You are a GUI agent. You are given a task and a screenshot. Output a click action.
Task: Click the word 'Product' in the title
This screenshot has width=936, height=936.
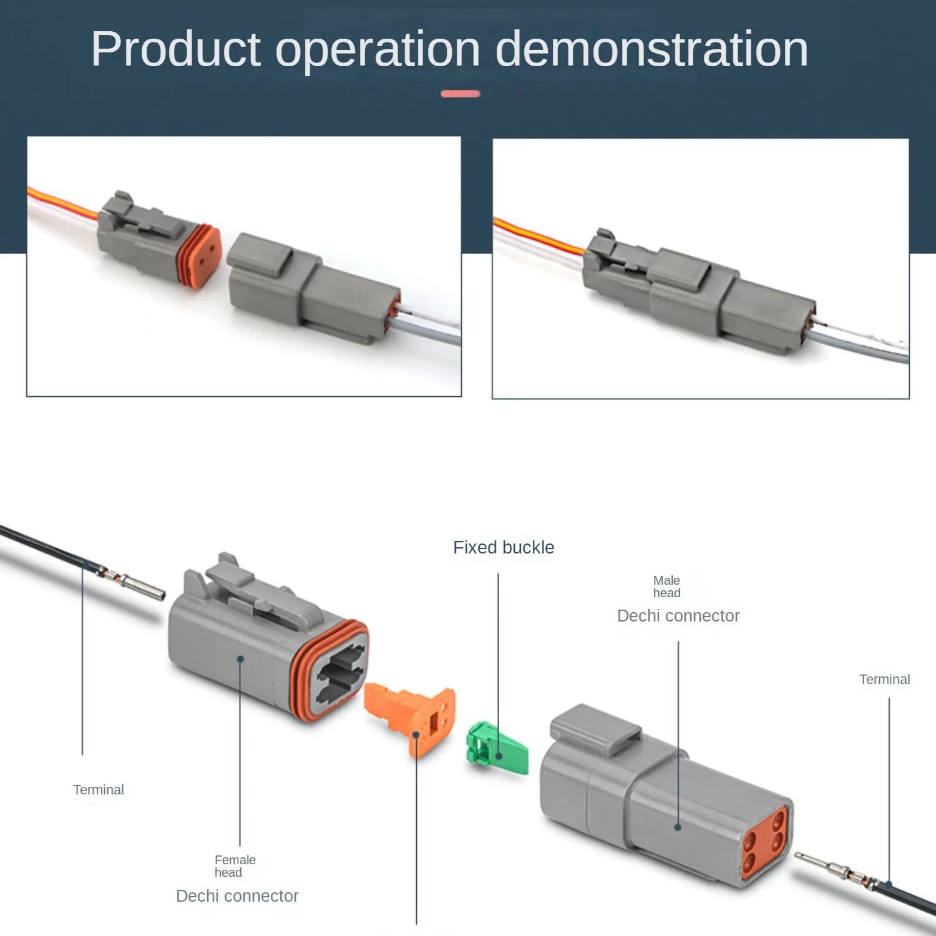[175, 49]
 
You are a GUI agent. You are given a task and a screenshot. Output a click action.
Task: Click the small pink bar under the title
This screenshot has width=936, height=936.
[461, 94]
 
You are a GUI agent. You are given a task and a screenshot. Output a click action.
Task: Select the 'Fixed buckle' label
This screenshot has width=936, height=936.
[504, 547]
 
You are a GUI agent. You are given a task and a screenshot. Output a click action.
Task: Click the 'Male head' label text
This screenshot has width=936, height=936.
[666, 587]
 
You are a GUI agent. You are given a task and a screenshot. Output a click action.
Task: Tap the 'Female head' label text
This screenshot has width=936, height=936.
[235, 866]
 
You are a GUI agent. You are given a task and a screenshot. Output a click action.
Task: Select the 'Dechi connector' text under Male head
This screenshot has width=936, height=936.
[678, 616]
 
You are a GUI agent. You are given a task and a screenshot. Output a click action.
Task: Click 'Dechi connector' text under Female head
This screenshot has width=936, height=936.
[237, 896]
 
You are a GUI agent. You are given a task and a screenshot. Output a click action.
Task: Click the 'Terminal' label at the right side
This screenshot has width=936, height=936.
[884, 680]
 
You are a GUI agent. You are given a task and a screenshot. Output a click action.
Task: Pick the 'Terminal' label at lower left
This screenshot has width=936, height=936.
[99, 790]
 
